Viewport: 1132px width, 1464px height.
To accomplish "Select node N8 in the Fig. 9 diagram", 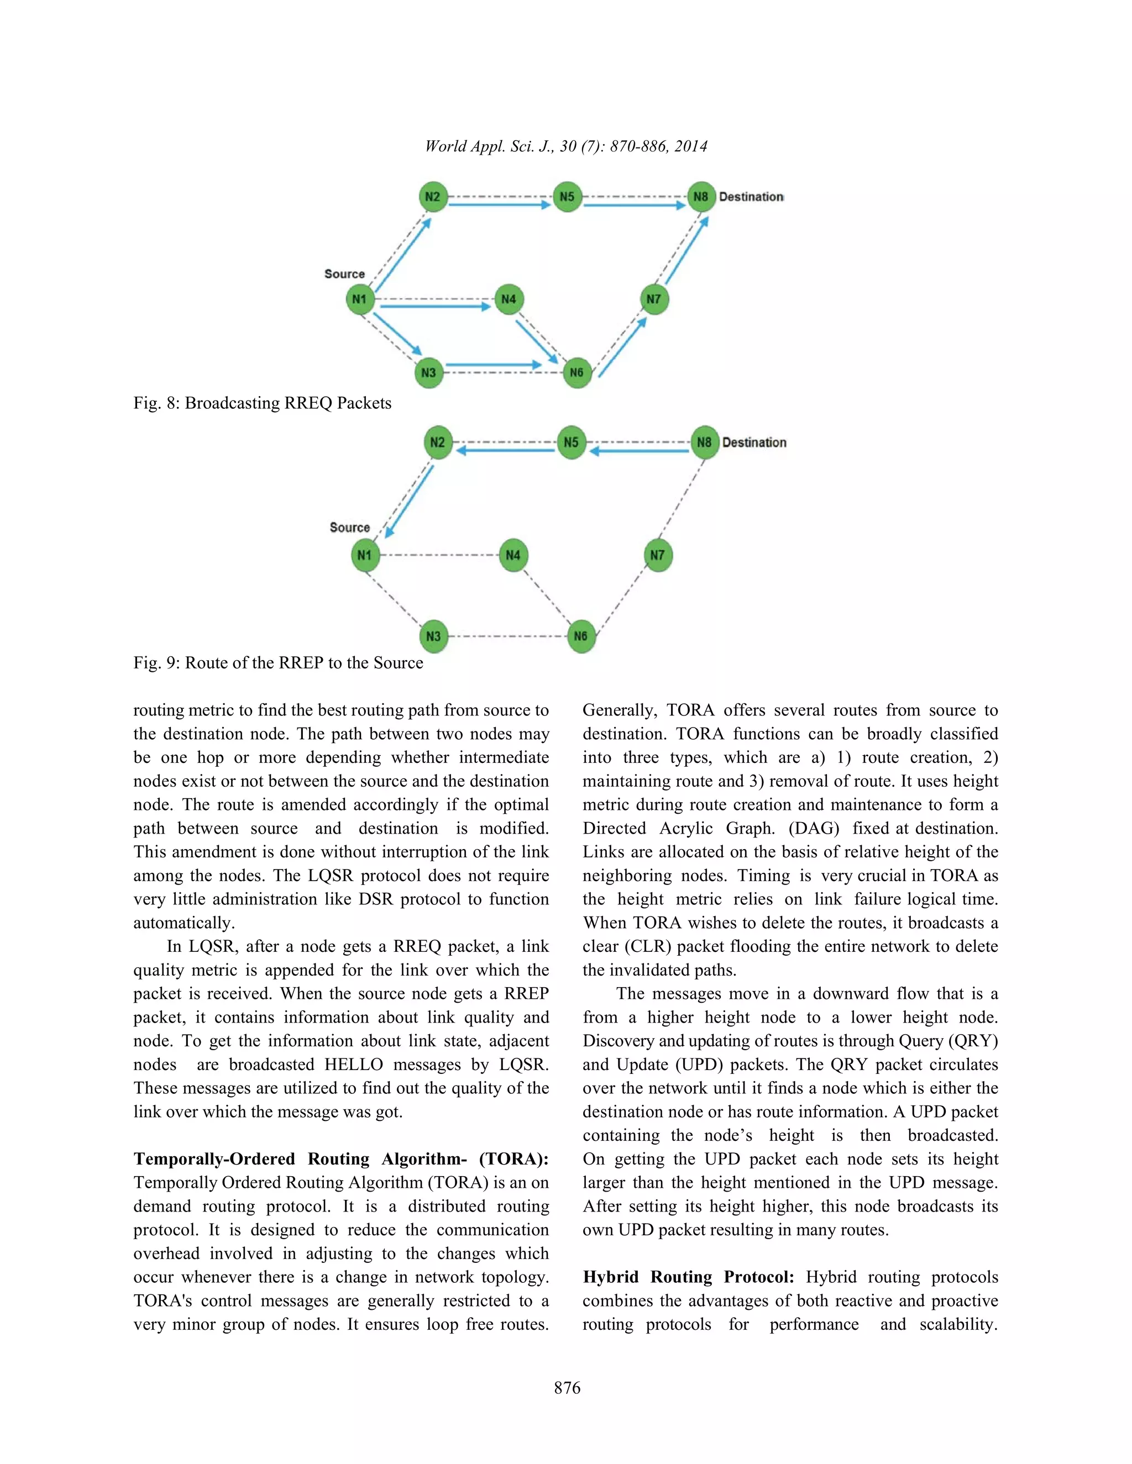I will pyautogui.click(x=704, y=443).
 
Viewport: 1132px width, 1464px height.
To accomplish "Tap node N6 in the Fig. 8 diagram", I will pyautogui.click(x=576, y=373).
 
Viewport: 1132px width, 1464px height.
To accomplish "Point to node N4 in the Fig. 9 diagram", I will pyautogui.click(x=513, y=555).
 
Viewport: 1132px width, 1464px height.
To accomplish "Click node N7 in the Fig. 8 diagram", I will pyautogui.click(x=654, y=299).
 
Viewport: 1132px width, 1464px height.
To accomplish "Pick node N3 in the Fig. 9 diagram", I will pyautogui.click(x=433, y=636).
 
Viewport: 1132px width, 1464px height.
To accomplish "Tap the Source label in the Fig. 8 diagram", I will pyautogui.click(x=344, y=273).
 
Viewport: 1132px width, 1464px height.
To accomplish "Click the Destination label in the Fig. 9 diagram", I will pyautogui.click(x=754, y=443).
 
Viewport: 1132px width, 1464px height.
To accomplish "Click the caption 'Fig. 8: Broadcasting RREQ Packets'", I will pyautogui.click(x=262, y=403).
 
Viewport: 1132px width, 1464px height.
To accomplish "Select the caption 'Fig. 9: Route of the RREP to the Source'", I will pyautogui.click(x=279, y=662).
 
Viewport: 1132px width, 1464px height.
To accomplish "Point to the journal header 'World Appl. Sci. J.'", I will pyautogui.click(x=488, y=146).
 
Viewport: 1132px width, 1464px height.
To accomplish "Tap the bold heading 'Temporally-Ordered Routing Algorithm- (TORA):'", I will pyautogui.click(x=340, y=1159).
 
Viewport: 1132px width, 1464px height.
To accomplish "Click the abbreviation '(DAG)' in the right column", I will pyautogui.click(x=814, y=829).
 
